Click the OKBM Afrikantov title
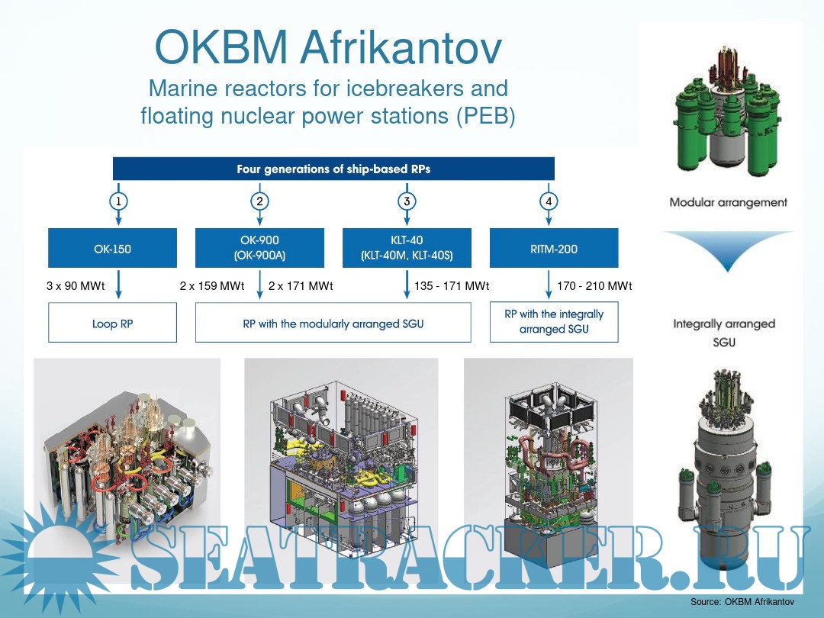[328, 47]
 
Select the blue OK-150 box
[112, 248]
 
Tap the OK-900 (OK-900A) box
[259, 248]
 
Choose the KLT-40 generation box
[407, 248]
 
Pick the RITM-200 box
[554, 248]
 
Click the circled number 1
[118, 201]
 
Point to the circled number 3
[407, 201]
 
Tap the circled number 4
[549, 201]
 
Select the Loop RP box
[112, 323]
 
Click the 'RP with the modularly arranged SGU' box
[333, 323]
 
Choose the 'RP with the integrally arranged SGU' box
[554, 322]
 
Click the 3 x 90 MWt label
[76, 286]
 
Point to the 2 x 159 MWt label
[212, 286]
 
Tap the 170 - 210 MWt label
[594, 286]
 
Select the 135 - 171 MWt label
[452, 286]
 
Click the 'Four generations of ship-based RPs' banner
[333, 169]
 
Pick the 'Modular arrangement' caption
[729, 202]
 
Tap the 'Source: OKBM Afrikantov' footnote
[742, 602]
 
